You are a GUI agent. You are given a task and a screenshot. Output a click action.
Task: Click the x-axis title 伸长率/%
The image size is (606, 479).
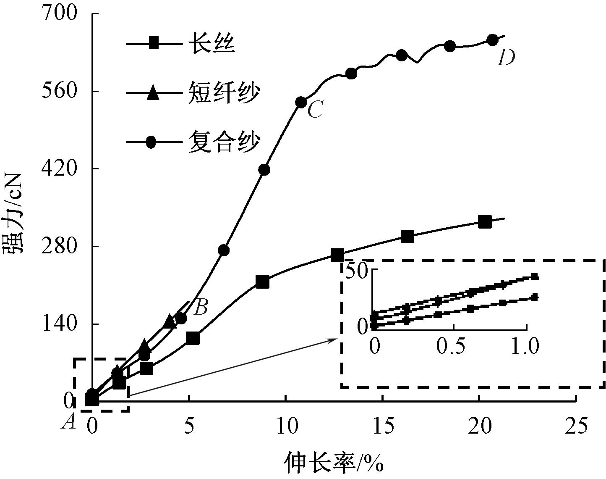click(x=334, y=462)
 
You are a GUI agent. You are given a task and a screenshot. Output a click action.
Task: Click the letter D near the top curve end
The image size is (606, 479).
click(x=506, y=58)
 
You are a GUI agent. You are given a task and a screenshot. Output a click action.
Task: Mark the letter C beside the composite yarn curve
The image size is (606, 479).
click(x=315, y=110)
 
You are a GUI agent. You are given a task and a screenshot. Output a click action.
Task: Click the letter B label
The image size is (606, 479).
click(x=200, y=308)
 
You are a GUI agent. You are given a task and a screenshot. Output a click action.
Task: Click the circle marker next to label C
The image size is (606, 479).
click(x=301, y=102)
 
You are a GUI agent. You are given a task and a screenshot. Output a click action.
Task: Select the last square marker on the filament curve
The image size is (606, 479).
click(x=485, y=221)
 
